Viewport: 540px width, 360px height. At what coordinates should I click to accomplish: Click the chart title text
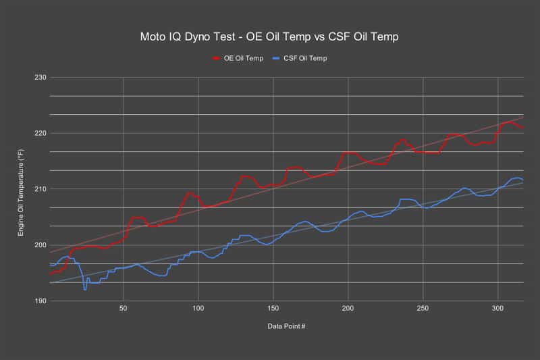click(x=269, y=37)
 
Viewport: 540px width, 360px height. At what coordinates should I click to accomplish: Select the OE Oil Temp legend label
click(x=244, y=58)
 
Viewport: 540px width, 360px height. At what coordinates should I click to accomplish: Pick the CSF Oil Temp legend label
click(x=305, y=58)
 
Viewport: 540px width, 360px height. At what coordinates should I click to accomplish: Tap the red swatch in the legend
click(x=216, y=59)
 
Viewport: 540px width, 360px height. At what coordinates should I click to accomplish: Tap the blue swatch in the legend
click(x=276, y=59)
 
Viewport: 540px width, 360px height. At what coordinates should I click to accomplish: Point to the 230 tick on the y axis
click(x=40, y=78)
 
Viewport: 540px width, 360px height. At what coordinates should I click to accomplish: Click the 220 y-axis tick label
click(x=40, y=133)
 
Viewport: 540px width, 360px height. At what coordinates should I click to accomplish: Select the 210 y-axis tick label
click(x=40, y=189)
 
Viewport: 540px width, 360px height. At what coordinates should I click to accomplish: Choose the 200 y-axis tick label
click(x=40, y=245)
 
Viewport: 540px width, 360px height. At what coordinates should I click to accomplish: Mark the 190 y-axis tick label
click(x=40, y=301)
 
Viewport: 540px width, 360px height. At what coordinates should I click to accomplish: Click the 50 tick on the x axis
click(x=124, y=308)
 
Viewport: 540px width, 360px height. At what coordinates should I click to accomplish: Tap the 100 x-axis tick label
click(x=198, y=308)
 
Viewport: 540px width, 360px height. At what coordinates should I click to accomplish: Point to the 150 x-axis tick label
click(x=273, y=308)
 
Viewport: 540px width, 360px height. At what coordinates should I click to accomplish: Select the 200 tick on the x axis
click(x=348, y=308)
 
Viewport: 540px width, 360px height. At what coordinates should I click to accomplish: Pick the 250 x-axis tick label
click(x=423, y=308)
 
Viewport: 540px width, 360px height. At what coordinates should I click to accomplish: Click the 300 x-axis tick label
click(x=497, y=308)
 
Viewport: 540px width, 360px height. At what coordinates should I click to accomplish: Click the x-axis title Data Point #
click(x=286, y=326)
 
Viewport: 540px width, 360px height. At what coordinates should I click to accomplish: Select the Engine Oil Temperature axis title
click(x=21, y=192)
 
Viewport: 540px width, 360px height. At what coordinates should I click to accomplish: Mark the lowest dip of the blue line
click(x=85, y=289)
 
